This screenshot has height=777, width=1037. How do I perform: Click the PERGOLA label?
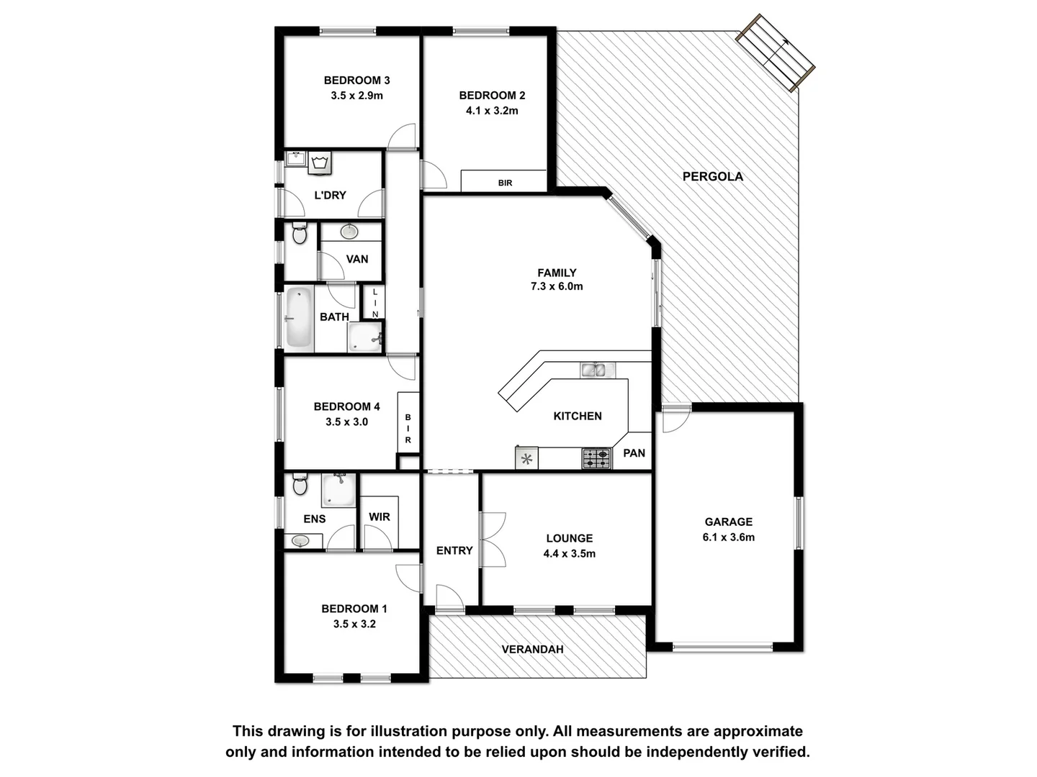pos(712,176)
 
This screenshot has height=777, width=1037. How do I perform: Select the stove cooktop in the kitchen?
pos(596,458)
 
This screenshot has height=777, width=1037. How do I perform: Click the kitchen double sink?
pos(598,371)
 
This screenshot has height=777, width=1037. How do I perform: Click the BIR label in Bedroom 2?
pos(505,183)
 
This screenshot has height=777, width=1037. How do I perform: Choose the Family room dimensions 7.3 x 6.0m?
pos(557,286)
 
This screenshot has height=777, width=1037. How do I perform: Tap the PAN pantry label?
pos(634,453)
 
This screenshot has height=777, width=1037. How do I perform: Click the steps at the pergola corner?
pos(775,52)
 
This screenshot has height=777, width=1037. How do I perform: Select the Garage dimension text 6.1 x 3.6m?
pos(728,537)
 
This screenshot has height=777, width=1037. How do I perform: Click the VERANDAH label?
pos(532,649)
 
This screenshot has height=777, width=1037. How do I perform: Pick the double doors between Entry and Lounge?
pos(493,540)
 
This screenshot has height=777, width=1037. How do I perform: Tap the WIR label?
pos(379,517)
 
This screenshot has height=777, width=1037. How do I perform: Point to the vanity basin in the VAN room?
pos(349,232)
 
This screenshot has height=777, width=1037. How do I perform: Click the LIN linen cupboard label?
pos(374,303)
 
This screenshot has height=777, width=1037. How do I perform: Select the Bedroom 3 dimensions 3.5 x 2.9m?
pos(356,95)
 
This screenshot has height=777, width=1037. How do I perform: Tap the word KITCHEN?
pos(578,416)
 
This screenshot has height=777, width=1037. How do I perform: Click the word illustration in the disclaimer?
pos(409,732)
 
